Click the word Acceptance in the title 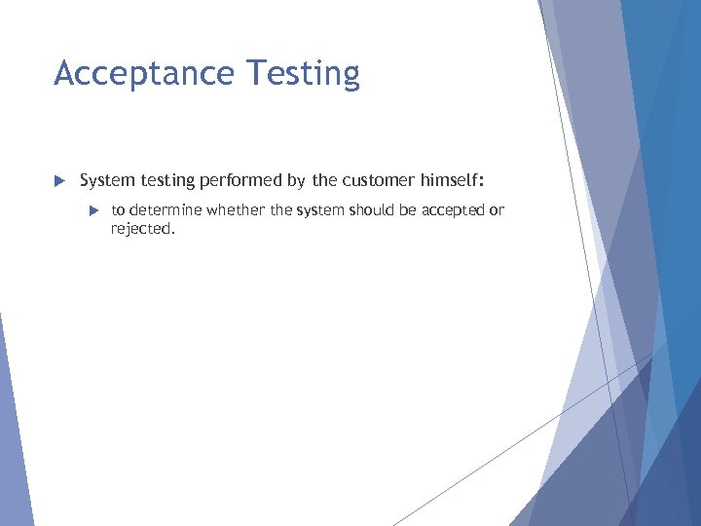click(145, 74)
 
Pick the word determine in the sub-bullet click(162, 210)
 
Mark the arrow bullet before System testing click(58, 180)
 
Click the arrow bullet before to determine click(92, 210)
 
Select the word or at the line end click(497, 210)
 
